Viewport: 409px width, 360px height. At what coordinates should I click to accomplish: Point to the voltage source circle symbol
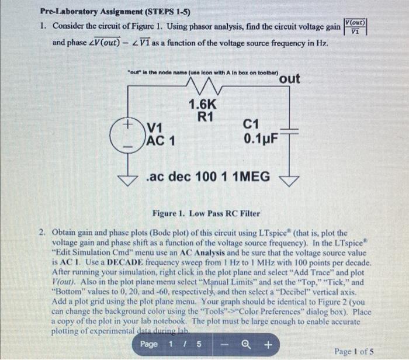124,134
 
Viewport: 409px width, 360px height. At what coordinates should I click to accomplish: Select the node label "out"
290,78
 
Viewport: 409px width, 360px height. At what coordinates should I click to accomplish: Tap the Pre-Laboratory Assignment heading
116,11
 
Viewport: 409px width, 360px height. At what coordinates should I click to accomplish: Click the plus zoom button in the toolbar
268,344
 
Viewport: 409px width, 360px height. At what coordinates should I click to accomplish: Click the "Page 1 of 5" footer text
354,351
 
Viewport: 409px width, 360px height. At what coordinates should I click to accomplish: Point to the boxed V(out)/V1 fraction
356,27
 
